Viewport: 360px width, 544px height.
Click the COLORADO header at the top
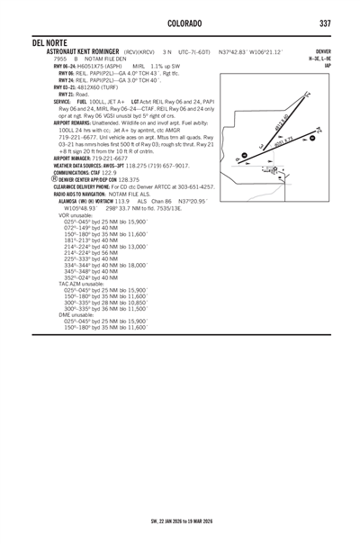180,22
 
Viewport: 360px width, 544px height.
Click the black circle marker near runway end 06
236,161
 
